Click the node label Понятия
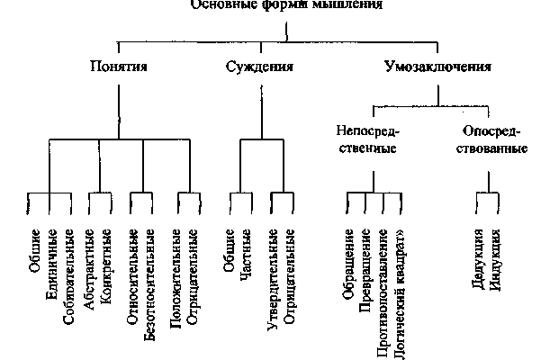(x=119, y=67)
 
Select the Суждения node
(x=261, y=67)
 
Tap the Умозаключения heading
(x=437, y=67)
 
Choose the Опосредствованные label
(x=491, y=139)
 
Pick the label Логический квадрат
(x=406, y=292)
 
